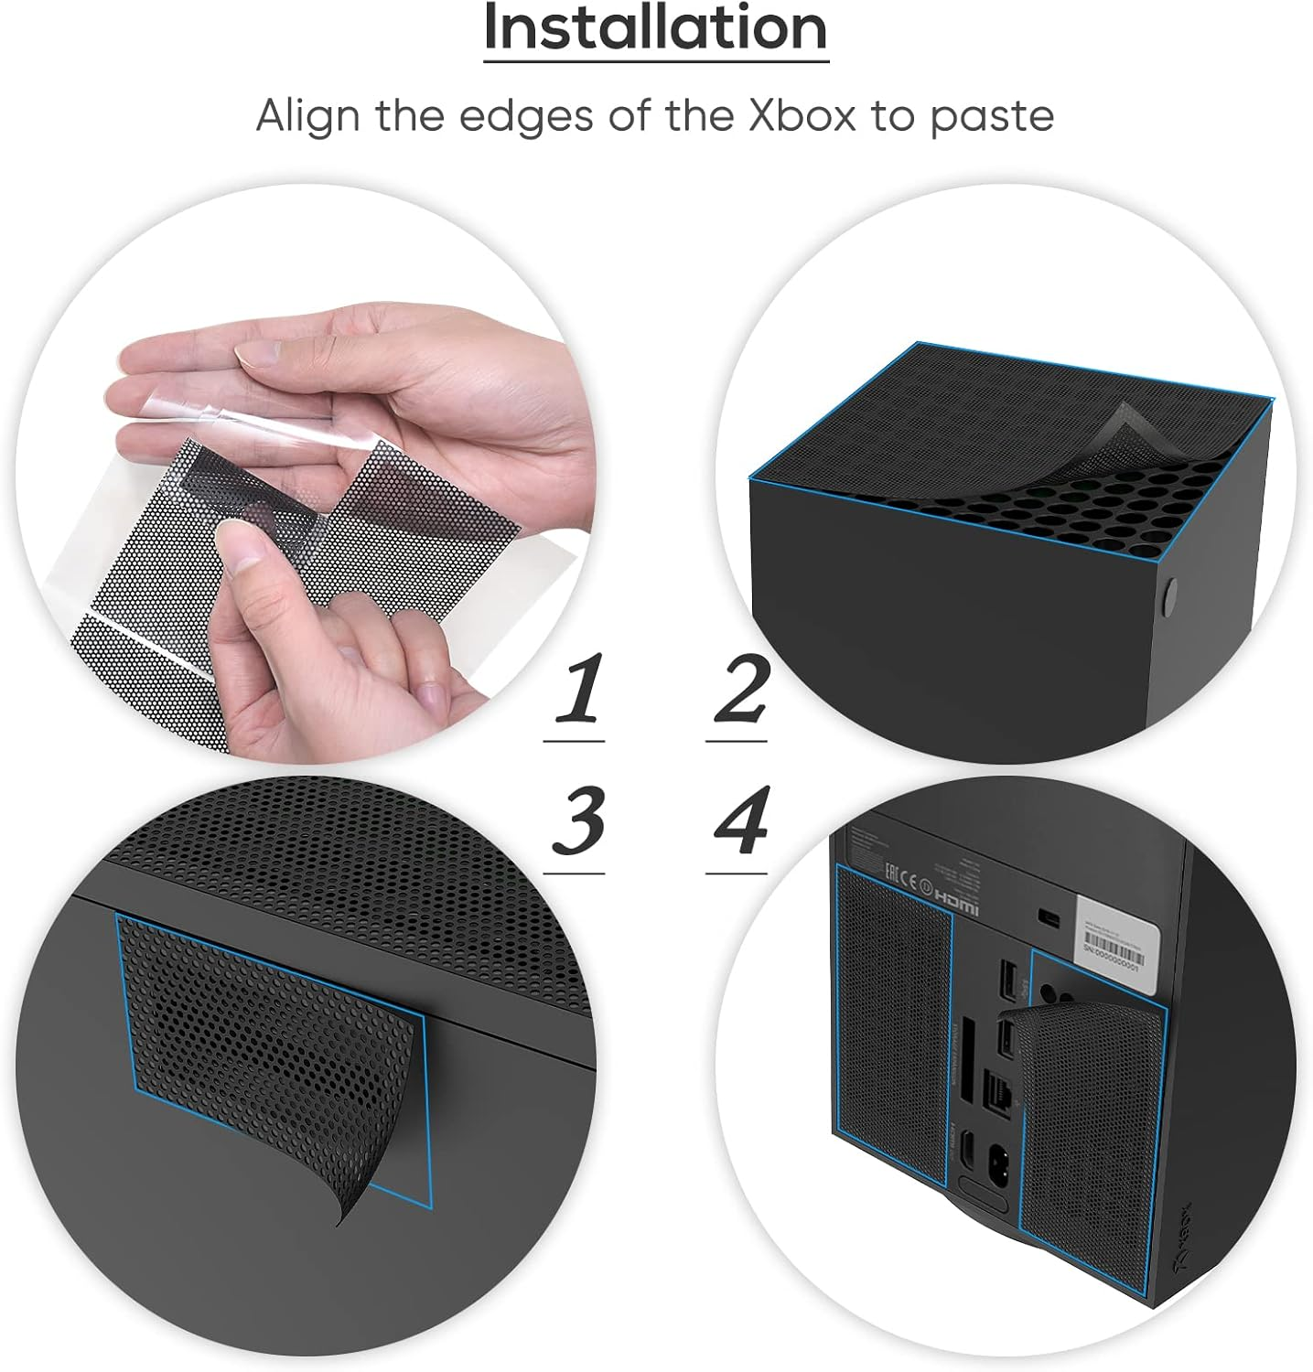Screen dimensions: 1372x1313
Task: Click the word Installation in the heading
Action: point(655,28)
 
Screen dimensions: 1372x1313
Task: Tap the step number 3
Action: point(576,820)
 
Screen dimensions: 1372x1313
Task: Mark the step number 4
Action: point(739,820)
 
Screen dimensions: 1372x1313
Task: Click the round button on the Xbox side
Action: point(1168,595)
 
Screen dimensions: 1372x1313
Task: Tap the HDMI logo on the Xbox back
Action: point(955,908)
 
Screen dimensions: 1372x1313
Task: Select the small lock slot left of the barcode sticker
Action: point(1049,917)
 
